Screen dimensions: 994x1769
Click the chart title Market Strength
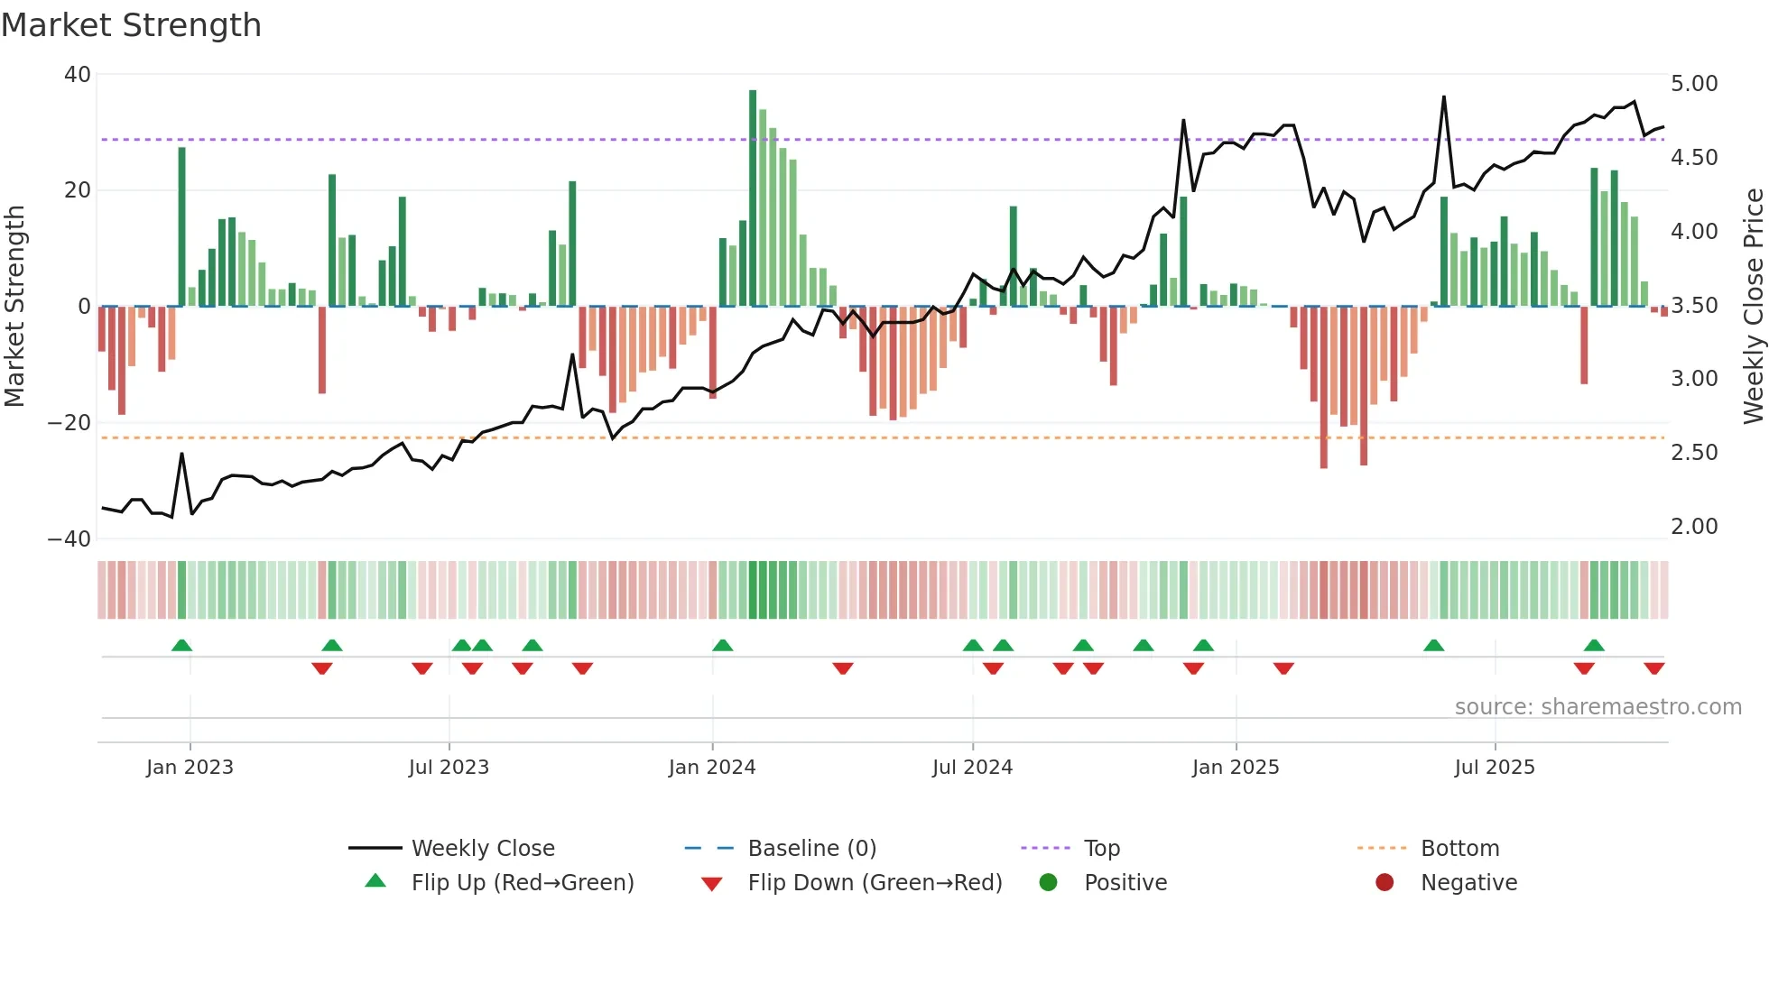[x=132, y=25]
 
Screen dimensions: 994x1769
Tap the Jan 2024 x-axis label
[x=711, y=768]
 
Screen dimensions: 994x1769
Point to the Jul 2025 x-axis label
[x=1494, y=768]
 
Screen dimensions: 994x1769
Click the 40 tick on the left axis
[x=78, y=75]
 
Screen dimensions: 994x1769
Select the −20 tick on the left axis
[x=70, y=423]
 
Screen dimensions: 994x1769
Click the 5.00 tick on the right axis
[x=1694, y=84]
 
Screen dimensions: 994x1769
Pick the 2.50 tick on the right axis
[x=1694, y=453]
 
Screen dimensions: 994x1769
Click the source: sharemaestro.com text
[x=1598, y=707]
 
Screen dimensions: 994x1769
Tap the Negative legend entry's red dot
[x=1385, y=883]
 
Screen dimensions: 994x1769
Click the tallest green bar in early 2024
[x=753, y=198]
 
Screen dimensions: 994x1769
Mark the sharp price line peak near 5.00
[x=1444, y=97]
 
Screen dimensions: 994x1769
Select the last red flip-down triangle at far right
[x=1653, y=668]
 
